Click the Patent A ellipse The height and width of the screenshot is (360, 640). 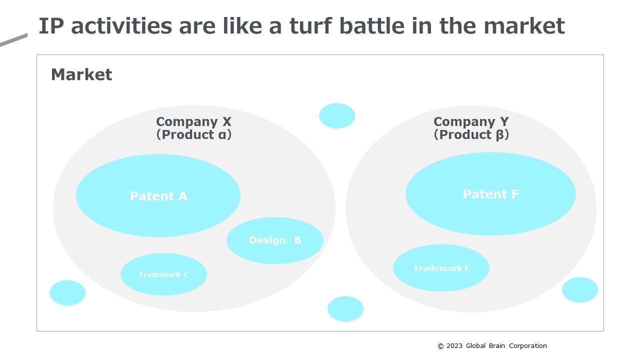click(x=158, y=195)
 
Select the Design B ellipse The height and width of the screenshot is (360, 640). click(x=275, y=240)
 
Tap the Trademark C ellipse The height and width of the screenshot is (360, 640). click(x=163, y=274)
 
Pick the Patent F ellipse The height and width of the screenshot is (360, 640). click(x=490, y=194)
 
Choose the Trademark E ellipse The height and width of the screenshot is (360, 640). click(x=441, y=267)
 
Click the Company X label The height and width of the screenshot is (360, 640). click(x=193, y=121)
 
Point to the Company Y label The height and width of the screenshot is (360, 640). click(x=471, y=121)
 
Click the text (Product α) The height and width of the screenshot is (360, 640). click(x=193, y=135)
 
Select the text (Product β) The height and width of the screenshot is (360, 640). click(x=471, y=135)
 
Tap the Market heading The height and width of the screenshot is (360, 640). click(x=81, y=74)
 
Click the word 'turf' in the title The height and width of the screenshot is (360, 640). click(x=311, y=26)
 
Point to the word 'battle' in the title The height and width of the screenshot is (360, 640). click(x=372, y=26)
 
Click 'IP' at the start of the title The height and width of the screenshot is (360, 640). click(x=51, y=26)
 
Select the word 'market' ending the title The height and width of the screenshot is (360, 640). click(x=524, y=26)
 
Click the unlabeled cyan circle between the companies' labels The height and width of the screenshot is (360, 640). click(x=337, y=115)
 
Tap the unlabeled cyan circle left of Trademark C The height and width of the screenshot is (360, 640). click(x=67, y=292)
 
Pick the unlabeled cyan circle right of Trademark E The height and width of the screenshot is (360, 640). click(x=579, y=289)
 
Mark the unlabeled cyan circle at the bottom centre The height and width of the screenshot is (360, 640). click(x=345, y=308)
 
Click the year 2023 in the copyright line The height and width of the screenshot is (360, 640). click(x=454, y=345)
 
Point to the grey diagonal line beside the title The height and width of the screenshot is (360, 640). click(x=13, y=39)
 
